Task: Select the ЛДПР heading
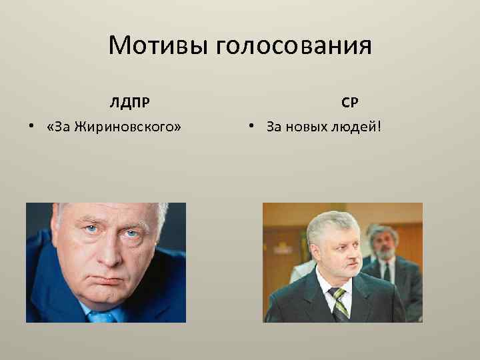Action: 130,103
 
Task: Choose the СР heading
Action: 350,103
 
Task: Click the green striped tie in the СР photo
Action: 341,303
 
